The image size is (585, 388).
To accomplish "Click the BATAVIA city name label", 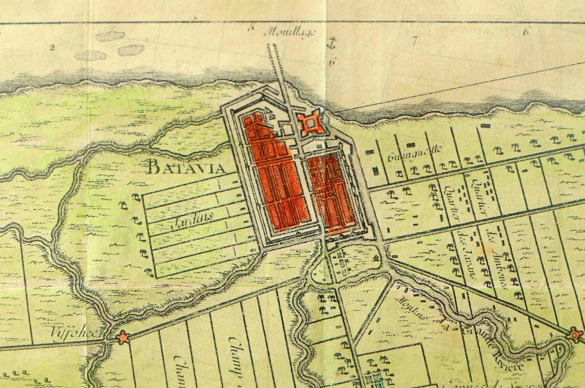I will [x=191, y=168].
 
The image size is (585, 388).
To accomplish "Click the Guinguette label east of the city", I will [x=415, y=153].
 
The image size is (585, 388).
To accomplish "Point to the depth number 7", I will [x=414, y=41].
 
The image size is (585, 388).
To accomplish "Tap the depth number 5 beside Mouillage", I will [x=250, y=28].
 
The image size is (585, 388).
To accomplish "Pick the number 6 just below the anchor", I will [x=332, y=62].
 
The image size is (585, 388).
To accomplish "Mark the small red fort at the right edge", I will [x=575, y=333].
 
